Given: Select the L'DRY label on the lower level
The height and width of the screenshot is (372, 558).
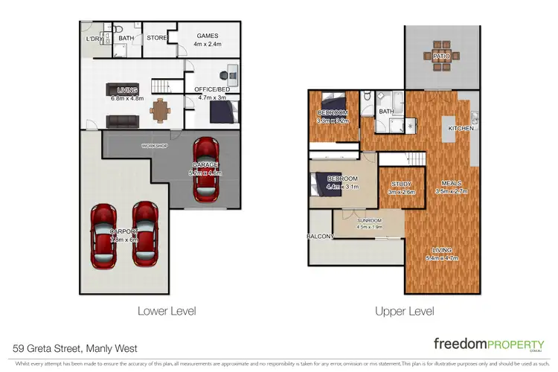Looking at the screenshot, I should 94,39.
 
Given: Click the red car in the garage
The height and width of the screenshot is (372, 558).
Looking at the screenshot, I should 205,170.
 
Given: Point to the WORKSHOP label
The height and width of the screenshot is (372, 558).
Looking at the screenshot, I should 155,146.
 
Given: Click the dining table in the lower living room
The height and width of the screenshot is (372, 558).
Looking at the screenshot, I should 159,109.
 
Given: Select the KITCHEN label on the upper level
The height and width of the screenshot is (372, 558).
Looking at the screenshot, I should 461,129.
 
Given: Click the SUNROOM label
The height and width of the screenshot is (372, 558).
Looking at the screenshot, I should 369,220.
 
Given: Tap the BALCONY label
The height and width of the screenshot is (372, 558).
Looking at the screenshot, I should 321,237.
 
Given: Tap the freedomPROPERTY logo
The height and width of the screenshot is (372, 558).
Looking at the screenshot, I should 487,344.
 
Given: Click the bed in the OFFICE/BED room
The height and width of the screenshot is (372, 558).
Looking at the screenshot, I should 222,112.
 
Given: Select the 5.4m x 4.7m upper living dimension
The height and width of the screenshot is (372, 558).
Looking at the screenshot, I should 441,259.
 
